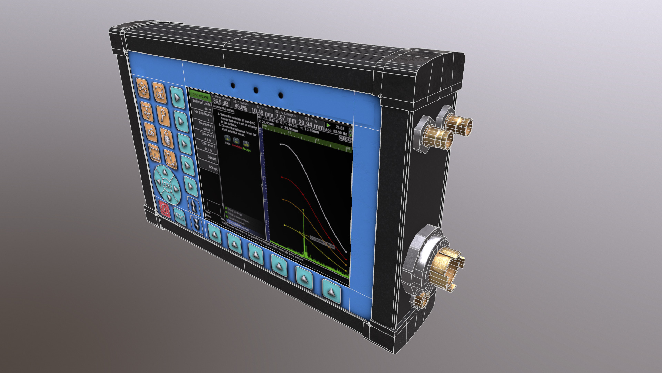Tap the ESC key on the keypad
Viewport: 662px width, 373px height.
pyautogui.click(x=180, y=217)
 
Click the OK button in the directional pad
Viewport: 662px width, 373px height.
pyautogui.click(x=167, y=185)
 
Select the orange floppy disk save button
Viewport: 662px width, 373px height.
pyautogui.click(x=159, y=93)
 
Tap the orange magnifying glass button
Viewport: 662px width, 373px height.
pyautogui.click(x=163, y=114)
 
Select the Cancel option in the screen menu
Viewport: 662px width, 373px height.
pyautogui.click(x=211, y=157)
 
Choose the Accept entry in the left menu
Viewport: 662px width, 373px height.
pyautogui.click(x=213, y=168)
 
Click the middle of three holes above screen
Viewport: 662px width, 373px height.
pyautogui.click(x=256, y=90)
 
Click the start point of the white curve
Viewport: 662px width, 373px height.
pyautogui.click(x=281, y=144)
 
